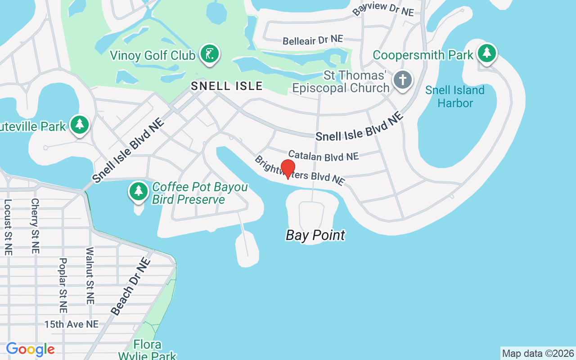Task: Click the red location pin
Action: coord(288,169)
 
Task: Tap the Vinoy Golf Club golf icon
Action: coord(209,54)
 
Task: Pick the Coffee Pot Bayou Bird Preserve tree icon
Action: coord(139,191)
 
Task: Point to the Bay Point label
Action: coord(315,235)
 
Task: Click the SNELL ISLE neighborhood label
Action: coord(226,85)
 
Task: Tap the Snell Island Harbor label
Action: coord(455,96)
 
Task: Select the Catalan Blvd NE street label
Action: coord(323,156)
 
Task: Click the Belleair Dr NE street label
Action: coord(313,40)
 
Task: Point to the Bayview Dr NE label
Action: coord(383,9)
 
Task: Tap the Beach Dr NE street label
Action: coord(130,286)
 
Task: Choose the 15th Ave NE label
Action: coord(71,324)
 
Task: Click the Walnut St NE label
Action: coord(90,275)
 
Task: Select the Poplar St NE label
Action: coord(63,285)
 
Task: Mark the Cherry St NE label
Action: coord(35,225)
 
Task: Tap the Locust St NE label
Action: coord(8,227)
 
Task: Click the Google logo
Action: coord(30,349)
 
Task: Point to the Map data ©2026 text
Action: coord(538,353)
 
